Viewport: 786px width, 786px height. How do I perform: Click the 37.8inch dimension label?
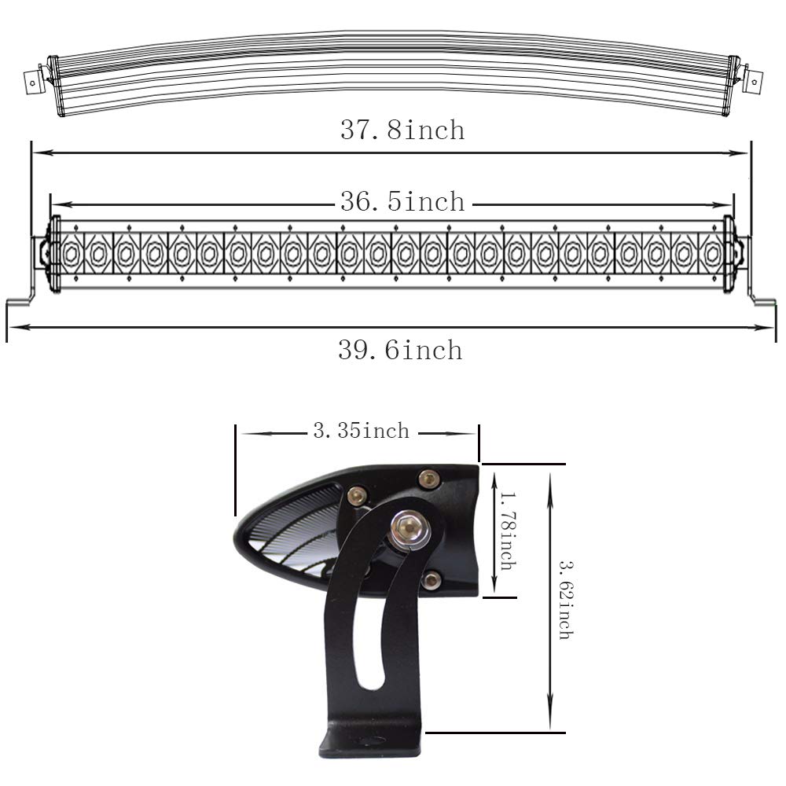402,130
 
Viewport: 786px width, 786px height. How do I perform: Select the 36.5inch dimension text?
402,202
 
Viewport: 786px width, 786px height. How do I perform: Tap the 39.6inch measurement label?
400,349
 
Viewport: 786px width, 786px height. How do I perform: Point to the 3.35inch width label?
361,431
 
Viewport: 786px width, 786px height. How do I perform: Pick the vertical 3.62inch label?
564,599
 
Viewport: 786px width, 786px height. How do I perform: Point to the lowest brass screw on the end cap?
430,580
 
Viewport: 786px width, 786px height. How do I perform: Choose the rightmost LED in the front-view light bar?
712,253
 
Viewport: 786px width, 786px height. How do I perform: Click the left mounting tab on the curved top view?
33,79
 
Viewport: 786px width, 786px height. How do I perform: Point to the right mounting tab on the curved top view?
757,79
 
